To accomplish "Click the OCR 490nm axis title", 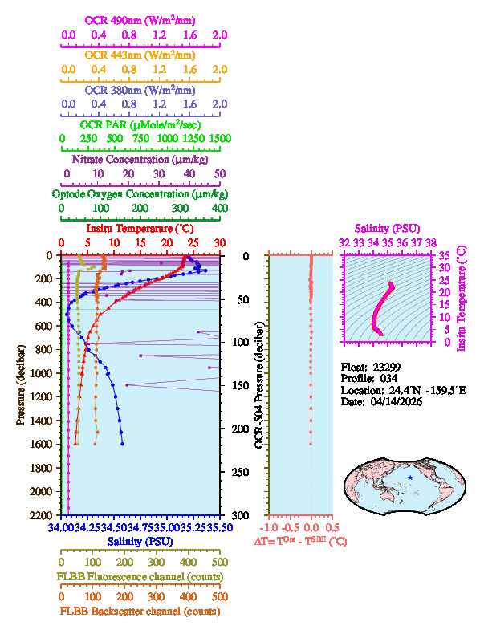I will (140, 20).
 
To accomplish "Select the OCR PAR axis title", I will (140, 124).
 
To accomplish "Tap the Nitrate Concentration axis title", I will (140, 159).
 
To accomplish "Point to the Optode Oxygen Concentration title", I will (140, 194).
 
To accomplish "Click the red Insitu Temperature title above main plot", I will (140, 230).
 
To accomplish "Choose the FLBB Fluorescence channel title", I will (140, 577).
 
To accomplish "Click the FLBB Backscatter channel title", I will (140, 612).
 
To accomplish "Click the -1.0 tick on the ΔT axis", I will (271, 528).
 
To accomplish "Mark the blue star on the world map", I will (410, 478).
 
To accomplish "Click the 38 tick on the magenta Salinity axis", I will (431, 241).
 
